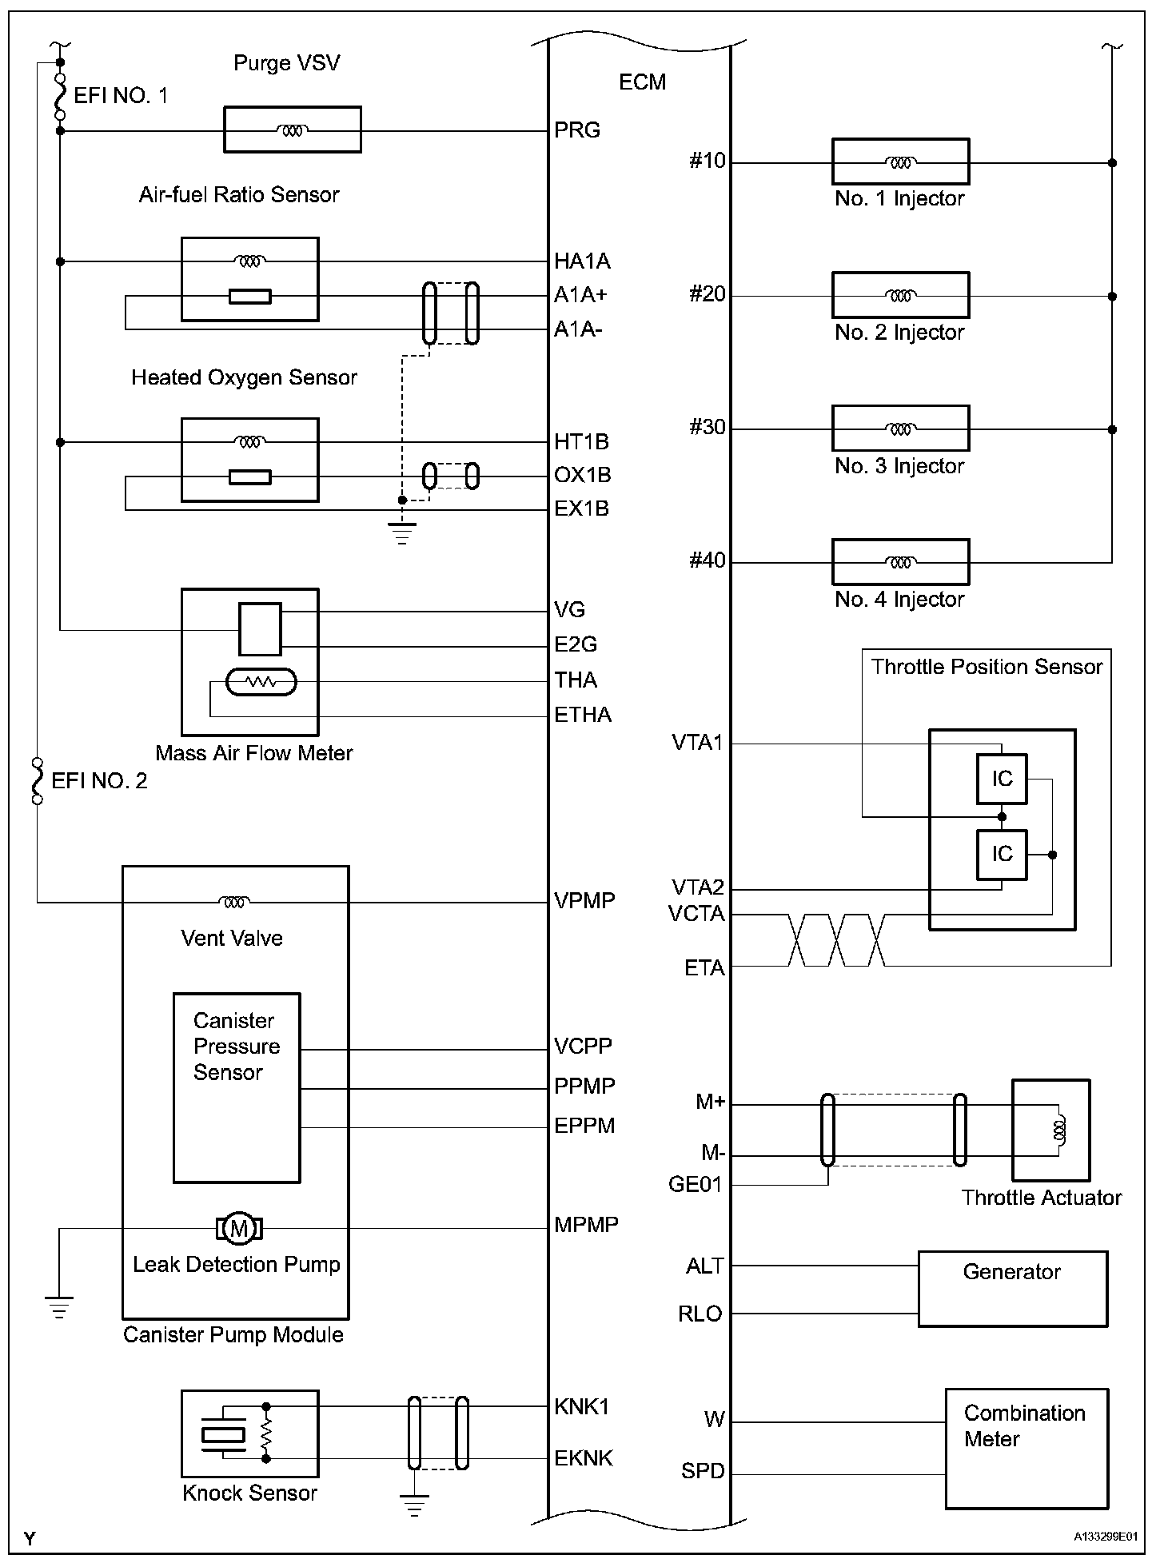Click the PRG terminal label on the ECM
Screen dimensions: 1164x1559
(577, 130)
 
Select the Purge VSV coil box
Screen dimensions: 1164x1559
(293, 130)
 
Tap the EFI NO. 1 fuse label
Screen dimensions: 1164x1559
(121, 96)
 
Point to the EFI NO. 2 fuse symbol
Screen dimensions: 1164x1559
(37, 781)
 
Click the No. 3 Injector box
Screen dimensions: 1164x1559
(901, 429)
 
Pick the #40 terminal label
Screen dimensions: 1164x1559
(708, 560)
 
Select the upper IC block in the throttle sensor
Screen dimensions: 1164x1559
(1002, 779)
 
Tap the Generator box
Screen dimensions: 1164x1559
(1013, 1289)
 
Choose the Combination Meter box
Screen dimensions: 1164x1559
(1027, 1449)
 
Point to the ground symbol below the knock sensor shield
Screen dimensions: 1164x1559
(414, 1505)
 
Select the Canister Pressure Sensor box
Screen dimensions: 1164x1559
(237, 1088)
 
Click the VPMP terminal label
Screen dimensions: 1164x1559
(584, 901)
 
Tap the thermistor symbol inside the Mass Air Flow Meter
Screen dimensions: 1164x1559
(261, 682)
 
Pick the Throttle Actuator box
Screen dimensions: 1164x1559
(1051, 1130)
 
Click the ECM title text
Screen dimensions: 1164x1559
(642, 82)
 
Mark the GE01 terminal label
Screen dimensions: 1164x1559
(696, 1184)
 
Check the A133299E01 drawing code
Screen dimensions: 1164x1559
(1107, 1536)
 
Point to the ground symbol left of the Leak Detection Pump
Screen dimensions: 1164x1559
(58, 1307)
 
